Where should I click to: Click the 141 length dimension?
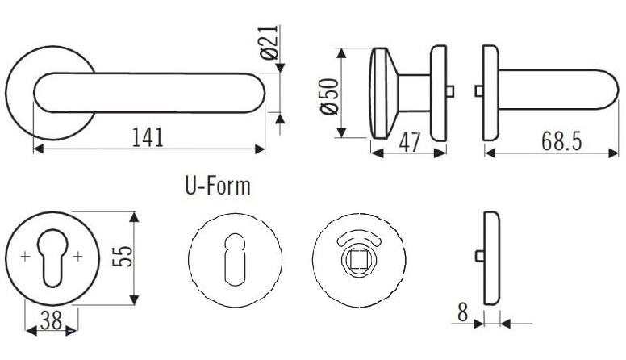[x=148, y=137]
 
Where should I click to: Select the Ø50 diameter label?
[x=330, y=96]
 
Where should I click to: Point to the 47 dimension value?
[x=410, y=142]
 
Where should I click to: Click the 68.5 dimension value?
[x=561, y=141]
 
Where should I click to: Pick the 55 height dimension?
[x=122, y=257]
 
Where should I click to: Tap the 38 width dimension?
[x=52, y=320]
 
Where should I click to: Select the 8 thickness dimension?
[x=462, y=312]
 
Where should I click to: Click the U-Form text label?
[x=218, y=186]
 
